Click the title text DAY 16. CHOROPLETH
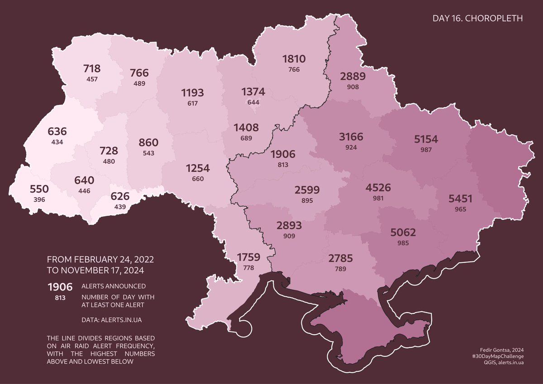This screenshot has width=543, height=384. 478,19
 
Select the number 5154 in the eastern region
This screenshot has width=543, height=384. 426,139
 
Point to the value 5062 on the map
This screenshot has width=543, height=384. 403,233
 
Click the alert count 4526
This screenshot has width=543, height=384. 378,187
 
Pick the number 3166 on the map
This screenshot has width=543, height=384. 351,137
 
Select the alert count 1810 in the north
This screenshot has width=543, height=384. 294,59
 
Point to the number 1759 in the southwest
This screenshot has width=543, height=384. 248,258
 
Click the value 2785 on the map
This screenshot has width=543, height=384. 341,259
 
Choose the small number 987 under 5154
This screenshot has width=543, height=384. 426,150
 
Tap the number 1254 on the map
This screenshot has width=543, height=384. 198,168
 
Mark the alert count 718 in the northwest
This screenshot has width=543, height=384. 92,69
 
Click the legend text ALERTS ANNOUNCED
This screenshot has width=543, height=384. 113,286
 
